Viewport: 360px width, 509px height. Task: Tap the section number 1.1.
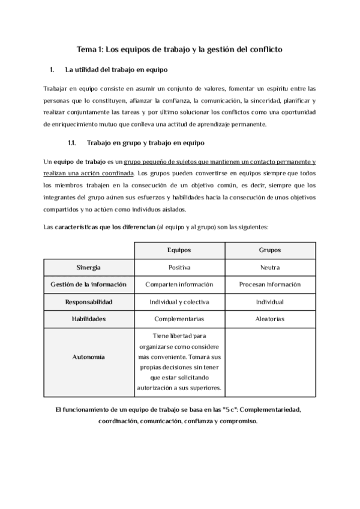(72, 143)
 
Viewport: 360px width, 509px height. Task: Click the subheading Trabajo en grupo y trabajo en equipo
(146, 143)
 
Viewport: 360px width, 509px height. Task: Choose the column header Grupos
(269, 250)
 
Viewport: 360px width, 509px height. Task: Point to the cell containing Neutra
(269, 267)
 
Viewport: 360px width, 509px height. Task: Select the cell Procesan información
(269, 285)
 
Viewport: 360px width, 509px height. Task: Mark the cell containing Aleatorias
(269, 319)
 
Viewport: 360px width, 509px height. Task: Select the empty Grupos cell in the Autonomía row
(269, 363)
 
